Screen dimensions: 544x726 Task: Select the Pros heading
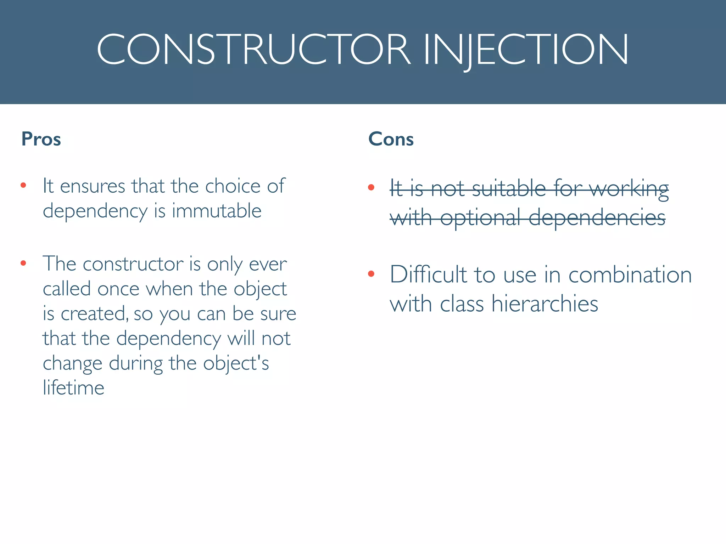[41, 139]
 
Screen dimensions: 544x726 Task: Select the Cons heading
[391, 139]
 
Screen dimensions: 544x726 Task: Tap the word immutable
[217, 211]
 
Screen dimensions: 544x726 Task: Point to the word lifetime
[73, 387]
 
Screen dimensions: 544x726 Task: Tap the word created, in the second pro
[94, 314]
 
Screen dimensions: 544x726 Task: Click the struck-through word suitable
[509, 188]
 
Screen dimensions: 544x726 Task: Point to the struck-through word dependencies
[597, 217]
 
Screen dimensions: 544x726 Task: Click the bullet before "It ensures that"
[23, 185]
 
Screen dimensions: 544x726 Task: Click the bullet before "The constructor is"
[23, 263]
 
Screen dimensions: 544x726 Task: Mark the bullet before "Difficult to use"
[371, 273]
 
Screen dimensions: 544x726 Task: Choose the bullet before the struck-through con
[371, 187]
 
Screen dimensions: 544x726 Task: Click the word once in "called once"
[118, 289]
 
